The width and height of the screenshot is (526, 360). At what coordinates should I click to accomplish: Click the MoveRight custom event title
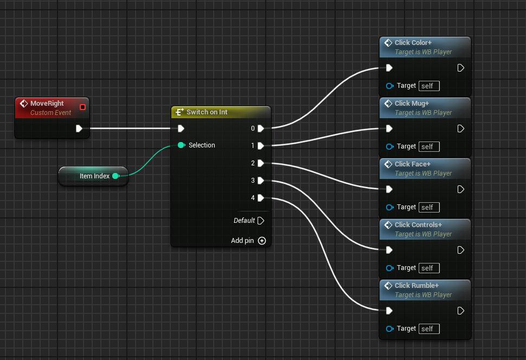(47, 104)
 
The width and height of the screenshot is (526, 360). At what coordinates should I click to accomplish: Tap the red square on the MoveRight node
(82, 107)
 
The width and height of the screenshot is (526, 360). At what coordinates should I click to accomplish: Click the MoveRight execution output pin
(79, 128)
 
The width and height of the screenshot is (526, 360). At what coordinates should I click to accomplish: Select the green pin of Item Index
(116, 176)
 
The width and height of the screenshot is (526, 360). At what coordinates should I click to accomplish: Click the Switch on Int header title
(207, 112)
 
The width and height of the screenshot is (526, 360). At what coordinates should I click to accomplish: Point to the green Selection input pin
(181, 145)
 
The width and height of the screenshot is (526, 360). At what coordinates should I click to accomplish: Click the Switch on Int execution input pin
(181, 128)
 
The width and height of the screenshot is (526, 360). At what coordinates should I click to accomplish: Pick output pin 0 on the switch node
(261, 128)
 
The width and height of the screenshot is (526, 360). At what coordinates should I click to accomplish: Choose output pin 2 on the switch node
(261, 163)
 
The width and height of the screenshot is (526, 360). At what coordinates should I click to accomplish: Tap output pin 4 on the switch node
(261, 198)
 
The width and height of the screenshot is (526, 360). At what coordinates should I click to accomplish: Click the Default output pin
(261, 221)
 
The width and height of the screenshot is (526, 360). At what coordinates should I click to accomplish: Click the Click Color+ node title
(413, 43)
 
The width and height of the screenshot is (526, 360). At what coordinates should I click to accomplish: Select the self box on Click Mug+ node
(429, 146)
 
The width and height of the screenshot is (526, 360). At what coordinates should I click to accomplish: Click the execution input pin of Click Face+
(389, 190)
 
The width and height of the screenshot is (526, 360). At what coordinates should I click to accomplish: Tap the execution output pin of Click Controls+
(461, 250)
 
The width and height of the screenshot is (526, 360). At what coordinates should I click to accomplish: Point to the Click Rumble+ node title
(416, 286)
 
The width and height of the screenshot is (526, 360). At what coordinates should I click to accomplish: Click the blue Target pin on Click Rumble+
(389, 329)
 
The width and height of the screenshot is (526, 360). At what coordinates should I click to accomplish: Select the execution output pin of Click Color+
(461, 68)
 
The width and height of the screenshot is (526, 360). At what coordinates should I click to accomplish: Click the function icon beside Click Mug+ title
(388, 104)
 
